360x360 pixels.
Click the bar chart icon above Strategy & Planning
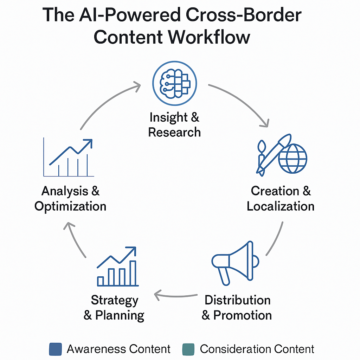[117, 267]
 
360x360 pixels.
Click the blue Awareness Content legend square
[56, 349]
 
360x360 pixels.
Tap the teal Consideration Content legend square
[188, 349]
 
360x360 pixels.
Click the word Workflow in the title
[209, 37]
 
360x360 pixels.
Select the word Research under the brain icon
[174, 132]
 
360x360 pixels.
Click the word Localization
[281, 206]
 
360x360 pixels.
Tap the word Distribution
[238, 300]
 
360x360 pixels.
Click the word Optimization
[70, 206]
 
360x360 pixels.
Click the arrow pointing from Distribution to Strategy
[176, 295]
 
